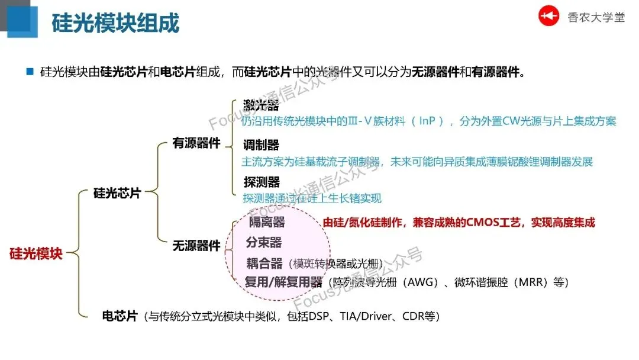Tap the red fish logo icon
(x=548, y=17)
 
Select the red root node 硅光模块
(x=35, y=254)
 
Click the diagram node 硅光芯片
(x=117, y=193)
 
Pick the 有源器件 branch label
(x=196, y=143)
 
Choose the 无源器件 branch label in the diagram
(x=196, y=246)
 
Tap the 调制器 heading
(x=261, y=145)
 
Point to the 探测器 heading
(x=261, y=182)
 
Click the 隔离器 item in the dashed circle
(x=266, y=222)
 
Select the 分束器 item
(x=264, y=242)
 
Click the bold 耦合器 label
(x=264, y=263)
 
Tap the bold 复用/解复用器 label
(x=283, y=282)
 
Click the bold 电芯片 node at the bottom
(x=120, y=316)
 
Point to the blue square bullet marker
(x=29, y=72)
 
